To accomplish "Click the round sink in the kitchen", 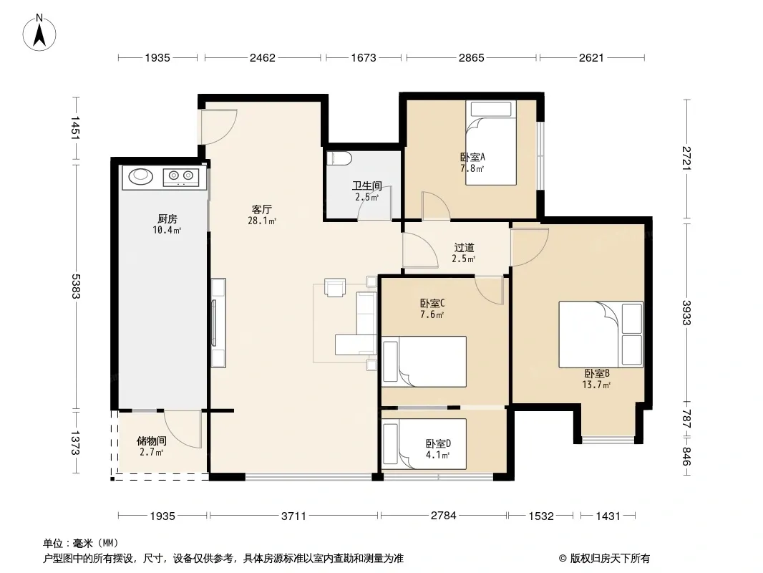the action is (140, 176).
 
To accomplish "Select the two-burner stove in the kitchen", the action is (180, 177).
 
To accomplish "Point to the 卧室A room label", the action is (472, 158).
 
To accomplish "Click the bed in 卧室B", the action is (601, 334).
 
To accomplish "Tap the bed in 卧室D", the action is (424, 443).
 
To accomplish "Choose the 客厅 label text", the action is (262, 209).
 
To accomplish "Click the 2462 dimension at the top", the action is (262, 58).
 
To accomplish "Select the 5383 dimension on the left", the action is (75, 286).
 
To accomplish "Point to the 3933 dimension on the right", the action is (686, 312).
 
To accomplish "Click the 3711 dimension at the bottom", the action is (294, 516).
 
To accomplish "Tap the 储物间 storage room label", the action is (152, 441).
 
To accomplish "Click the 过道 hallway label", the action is (464, 248).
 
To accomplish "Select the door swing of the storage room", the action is (183, 429).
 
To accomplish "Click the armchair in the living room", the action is (335, 287).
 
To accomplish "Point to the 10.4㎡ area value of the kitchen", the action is (167, 230).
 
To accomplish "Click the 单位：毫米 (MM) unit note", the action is (81, 544).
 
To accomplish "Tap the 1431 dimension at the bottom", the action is (608, 516).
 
